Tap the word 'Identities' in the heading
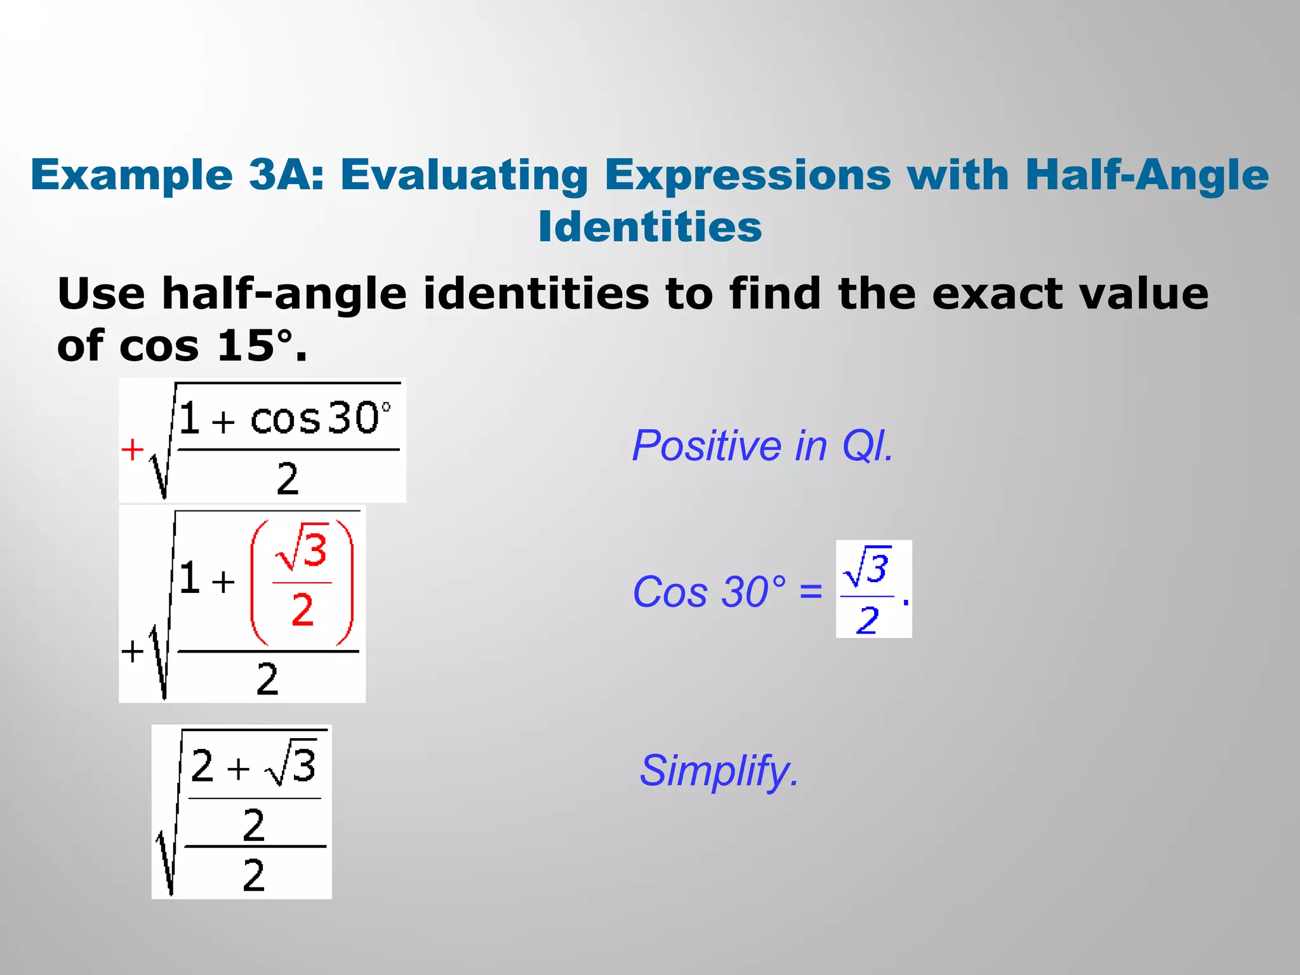649,227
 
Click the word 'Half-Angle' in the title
1146,175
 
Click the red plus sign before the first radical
132,450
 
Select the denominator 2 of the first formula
287,479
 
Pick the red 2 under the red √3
303,610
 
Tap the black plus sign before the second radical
132,651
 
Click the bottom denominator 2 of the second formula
267,679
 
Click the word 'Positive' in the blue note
705,446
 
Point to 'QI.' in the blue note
867,446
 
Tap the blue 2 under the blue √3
867,620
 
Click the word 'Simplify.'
719,771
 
